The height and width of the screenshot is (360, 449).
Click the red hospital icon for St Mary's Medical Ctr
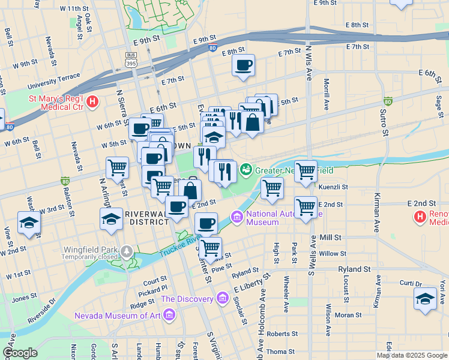coord(92,103)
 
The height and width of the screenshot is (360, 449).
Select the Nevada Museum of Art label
coord(118,316)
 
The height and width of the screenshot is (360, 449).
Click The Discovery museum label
coord(187,299)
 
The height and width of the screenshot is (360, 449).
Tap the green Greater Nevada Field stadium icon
coord(246,171)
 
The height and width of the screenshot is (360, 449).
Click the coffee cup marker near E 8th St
coord(244,65)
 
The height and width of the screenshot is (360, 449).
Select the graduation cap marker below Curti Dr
coord(426,299)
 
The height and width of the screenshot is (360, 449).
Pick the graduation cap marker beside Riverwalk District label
coord(112,220)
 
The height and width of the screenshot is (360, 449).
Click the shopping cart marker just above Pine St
coord(210,247)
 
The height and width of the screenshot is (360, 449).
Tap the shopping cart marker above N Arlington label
coord(117,167)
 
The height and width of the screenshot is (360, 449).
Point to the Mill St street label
coord(330,238)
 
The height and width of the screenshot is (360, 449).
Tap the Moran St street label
coord(349,314)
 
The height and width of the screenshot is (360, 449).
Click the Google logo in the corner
coord(20,353)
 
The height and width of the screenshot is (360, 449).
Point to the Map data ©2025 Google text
coord(411,355)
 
